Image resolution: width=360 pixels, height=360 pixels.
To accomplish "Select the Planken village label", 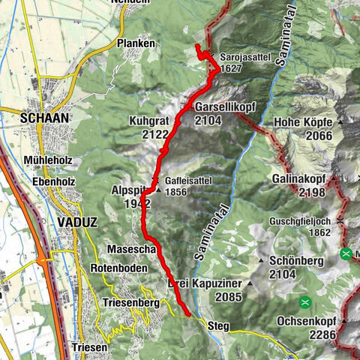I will pos(136,44).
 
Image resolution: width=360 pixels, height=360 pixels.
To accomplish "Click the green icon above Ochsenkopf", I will pos(305,303).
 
